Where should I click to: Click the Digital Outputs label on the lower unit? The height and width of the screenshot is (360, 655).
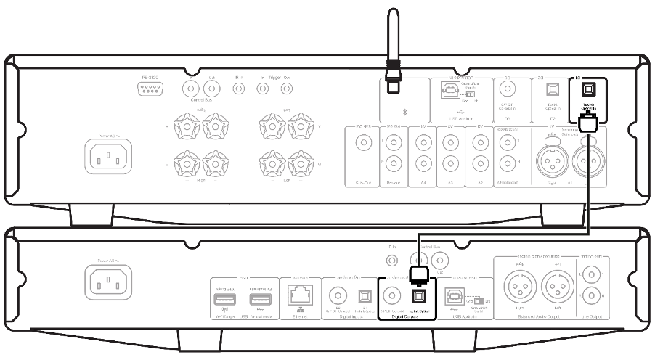(x=406, y=317)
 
